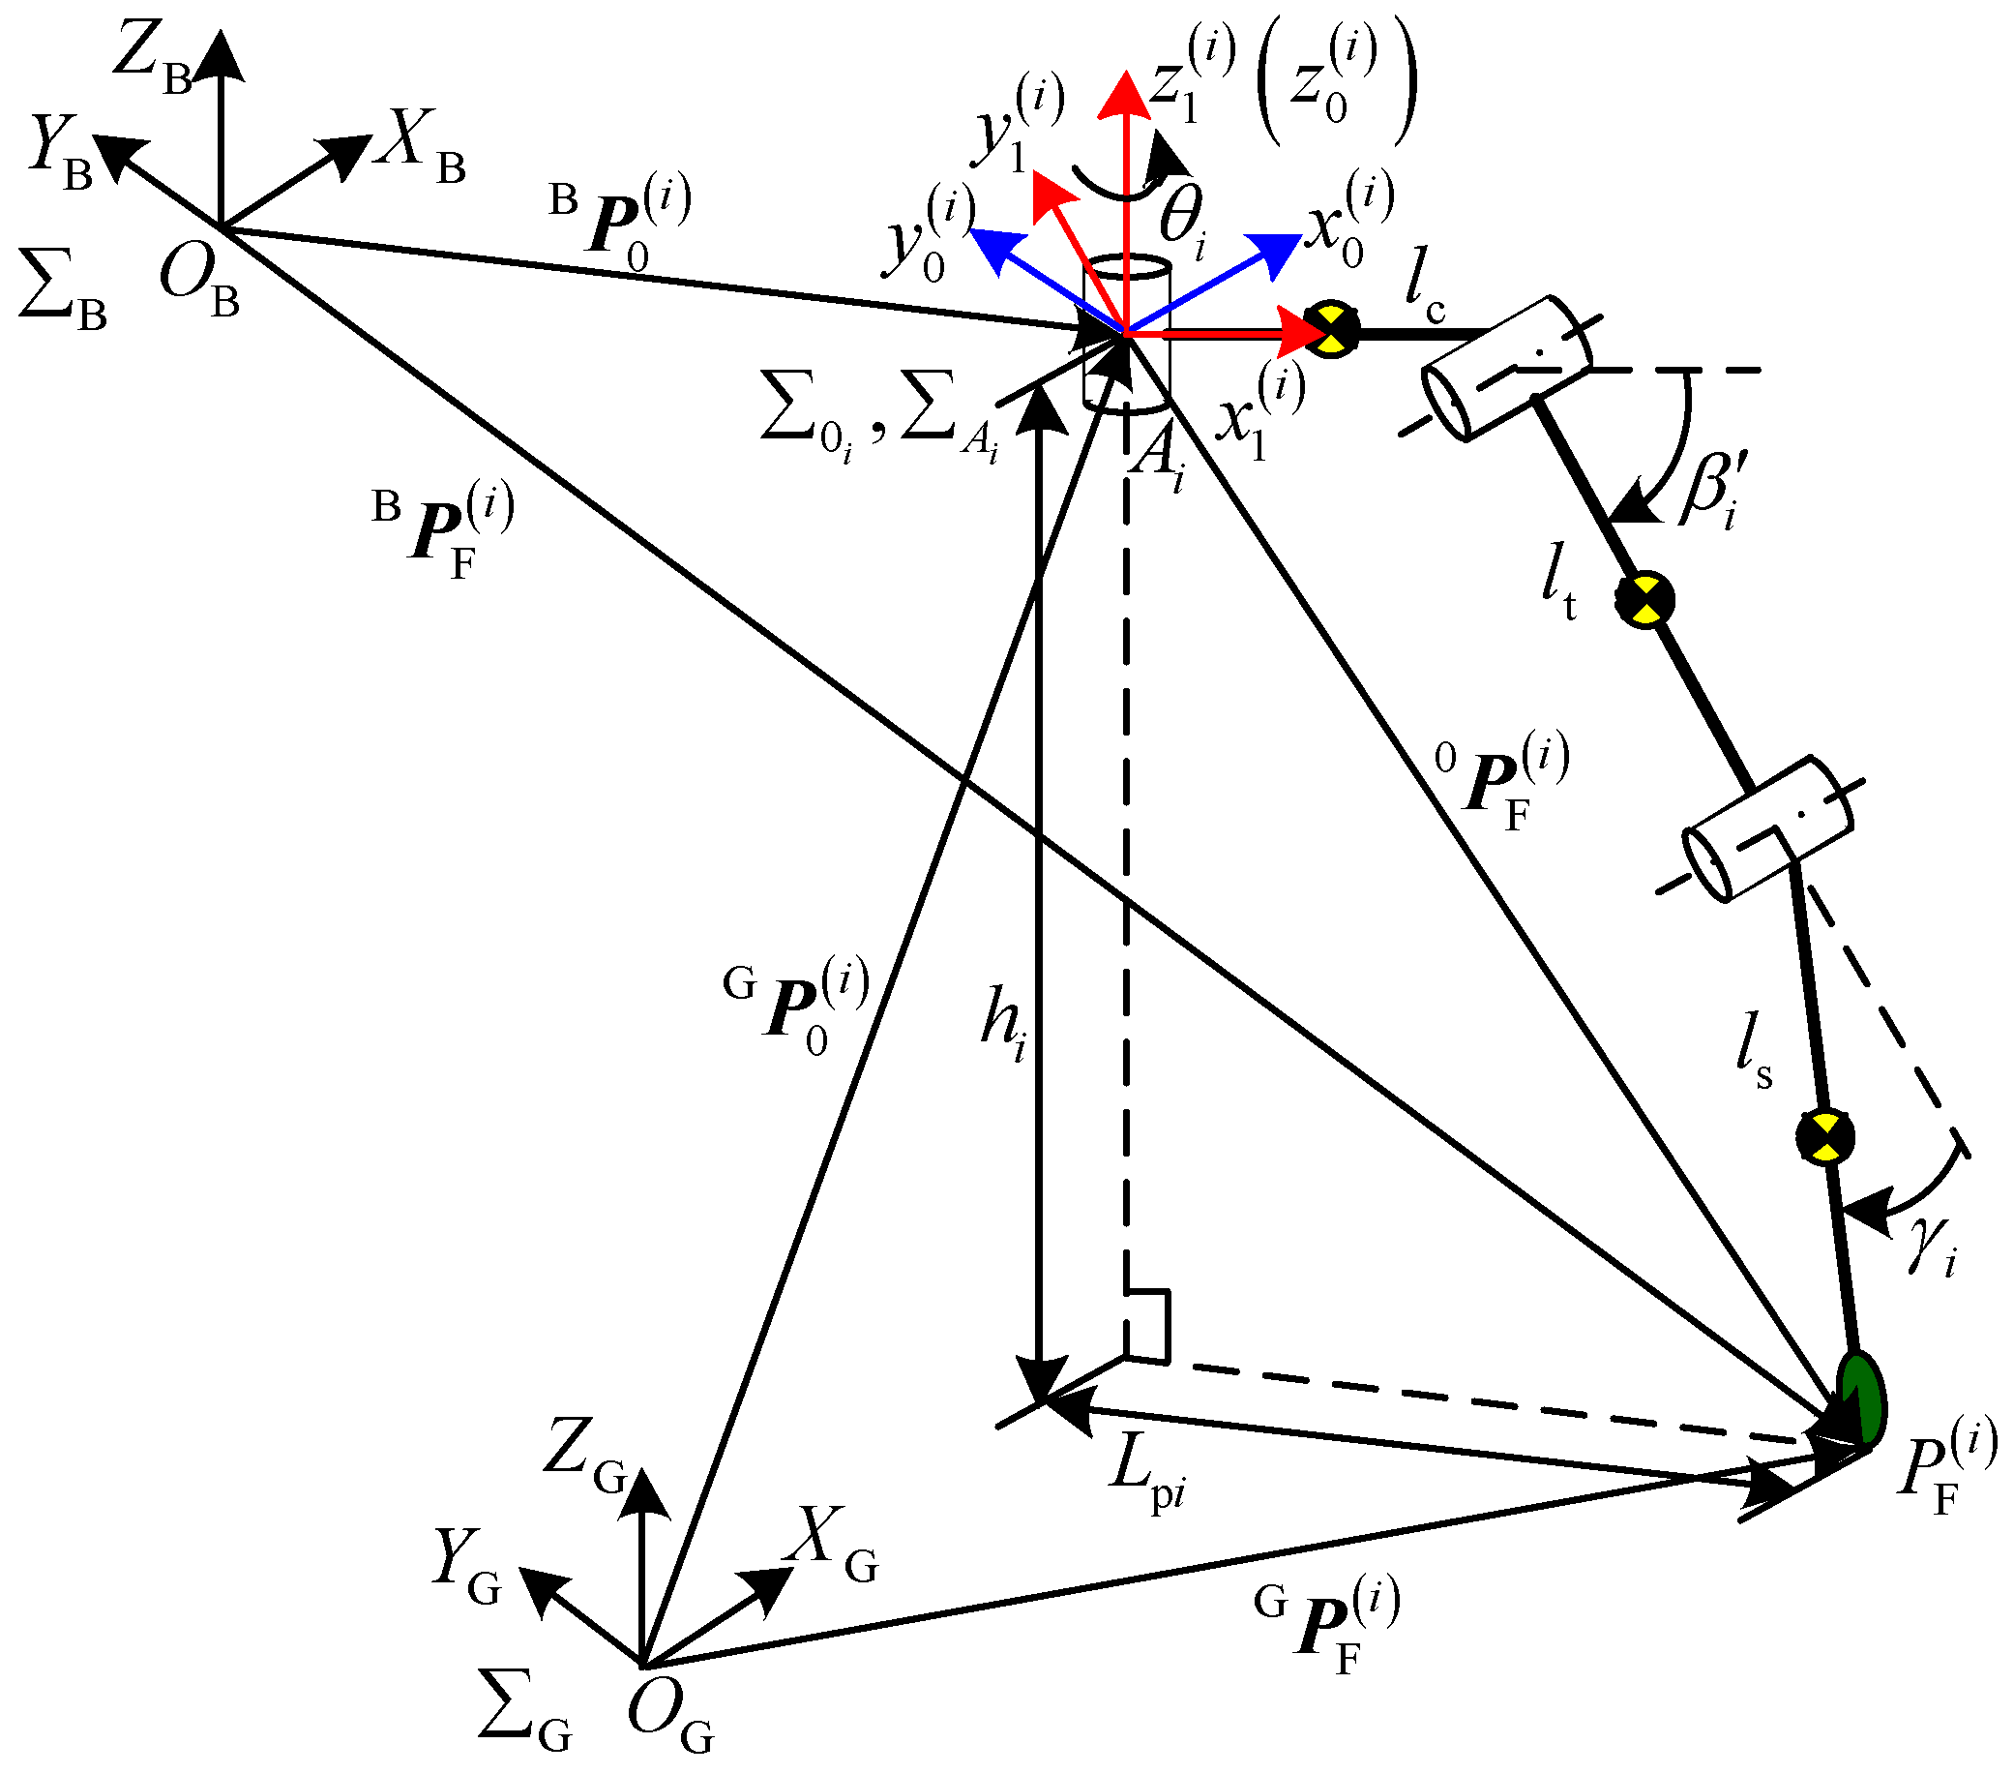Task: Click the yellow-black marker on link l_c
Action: [1331, 329]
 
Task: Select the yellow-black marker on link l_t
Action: [1644, 597]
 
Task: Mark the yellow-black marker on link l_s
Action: [1824, 1137]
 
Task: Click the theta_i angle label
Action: [1182, 223]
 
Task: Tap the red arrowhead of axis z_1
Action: [1124, 94]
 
